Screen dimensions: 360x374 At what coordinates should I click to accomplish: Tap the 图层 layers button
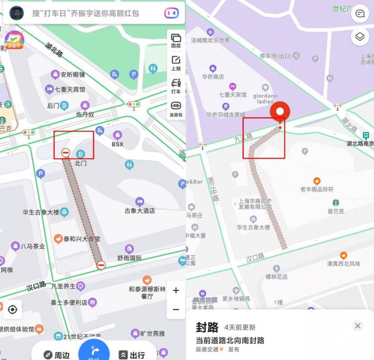(x=176, y=41)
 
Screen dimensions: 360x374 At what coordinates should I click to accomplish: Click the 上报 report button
(x=176, y=62)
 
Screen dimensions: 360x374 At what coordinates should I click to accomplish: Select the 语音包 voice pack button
(x=176, y=109)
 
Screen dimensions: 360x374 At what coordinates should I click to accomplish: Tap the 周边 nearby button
(x=55, y=355)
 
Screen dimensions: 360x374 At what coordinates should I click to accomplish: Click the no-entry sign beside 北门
(x=65, y=153)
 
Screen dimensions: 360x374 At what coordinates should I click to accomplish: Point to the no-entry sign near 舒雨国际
(x=101, y=266)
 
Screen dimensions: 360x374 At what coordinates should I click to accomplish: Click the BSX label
(x=118, y=144)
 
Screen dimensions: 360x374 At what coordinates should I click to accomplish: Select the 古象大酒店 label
(x=139, y=211)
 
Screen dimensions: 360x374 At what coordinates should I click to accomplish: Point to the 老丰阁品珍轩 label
(x=317, y=189)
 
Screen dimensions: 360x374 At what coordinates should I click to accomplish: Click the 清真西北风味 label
(x=343, y=264)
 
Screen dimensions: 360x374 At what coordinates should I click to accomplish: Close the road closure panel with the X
(x=358, y=326)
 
